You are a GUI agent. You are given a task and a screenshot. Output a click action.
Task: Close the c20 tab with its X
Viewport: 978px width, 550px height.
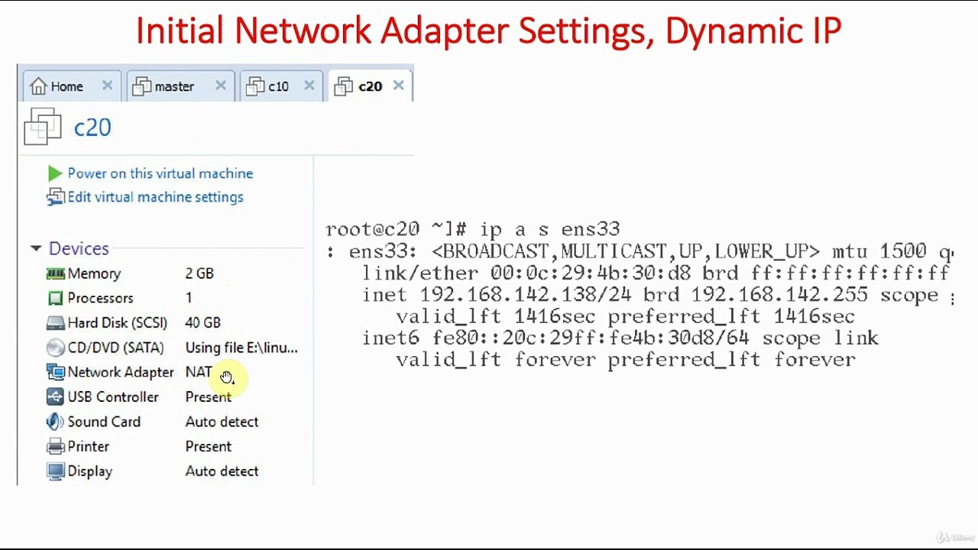point(398,86)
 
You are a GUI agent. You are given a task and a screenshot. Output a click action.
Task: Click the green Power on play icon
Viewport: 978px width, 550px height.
point(55,173)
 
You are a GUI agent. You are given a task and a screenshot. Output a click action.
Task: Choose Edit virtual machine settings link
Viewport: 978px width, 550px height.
point(155,197)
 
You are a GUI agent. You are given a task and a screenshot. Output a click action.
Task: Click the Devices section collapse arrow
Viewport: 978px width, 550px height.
point(36,249)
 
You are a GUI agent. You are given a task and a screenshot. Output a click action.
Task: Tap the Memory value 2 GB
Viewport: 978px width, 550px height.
point(199,273)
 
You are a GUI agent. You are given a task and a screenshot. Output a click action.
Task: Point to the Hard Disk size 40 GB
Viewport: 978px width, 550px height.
point(203,323)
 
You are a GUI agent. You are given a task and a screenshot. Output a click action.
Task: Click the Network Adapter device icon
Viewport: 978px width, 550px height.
point(56,372)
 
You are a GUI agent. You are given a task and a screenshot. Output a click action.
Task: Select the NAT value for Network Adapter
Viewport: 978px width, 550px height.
point(199,372)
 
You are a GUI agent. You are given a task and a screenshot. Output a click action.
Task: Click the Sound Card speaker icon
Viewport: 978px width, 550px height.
point(55,422)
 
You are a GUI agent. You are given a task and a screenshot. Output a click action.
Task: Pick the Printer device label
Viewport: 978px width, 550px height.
point(88,447)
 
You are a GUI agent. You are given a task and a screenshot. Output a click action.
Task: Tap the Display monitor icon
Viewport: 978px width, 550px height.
point(56,471)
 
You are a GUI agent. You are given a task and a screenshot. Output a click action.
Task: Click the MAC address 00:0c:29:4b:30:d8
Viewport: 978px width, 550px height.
point(591,273)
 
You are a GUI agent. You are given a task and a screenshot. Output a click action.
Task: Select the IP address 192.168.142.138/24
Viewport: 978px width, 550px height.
point(525,295)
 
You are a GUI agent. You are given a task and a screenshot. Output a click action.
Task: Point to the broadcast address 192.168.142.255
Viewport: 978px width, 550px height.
point(779,295)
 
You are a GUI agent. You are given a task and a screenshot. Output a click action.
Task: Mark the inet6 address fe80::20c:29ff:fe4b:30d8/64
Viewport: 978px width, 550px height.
point(591,338)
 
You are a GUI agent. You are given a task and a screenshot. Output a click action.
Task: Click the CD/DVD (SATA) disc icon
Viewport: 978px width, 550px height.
point(56,348)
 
